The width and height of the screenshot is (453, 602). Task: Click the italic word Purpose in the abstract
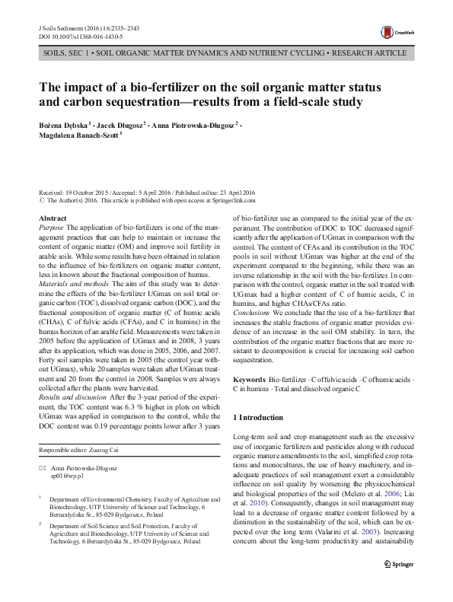coord(51,227)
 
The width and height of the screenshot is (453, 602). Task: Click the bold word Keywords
coord(249,378)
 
